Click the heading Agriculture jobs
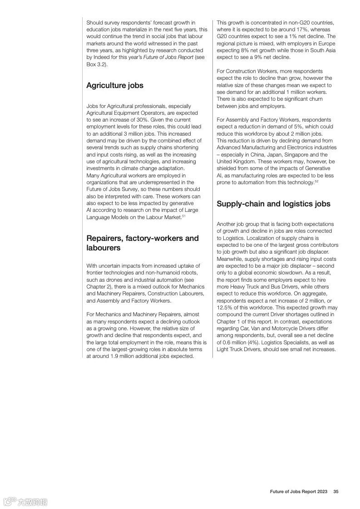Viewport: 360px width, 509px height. (x=114, y=85)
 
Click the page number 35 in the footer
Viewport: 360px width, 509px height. (x=336, y=492)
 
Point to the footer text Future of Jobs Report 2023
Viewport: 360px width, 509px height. (x=298, y=492)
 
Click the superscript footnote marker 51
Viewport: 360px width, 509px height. (x=184, y=215)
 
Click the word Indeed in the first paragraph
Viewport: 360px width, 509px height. (x=100, y=58)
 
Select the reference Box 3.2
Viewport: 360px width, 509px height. (x=95, y=64)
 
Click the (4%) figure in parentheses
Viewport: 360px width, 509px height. (x=253, y=343)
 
